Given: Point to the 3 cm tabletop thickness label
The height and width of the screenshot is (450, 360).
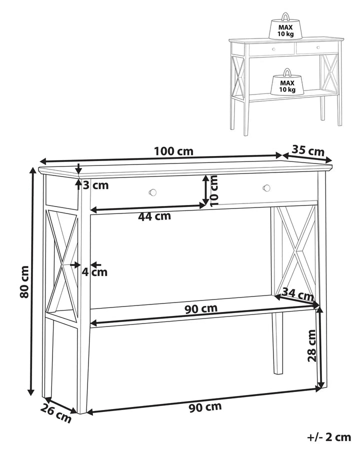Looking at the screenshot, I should (x=96, y=185).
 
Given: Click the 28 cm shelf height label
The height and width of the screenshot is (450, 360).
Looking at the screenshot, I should (x=311, y=345).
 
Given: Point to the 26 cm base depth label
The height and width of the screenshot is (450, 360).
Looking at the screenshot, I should (x=56, y=413).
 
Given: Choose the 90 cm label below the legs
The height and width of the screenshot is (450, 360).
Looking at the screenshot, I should (x=205, y=406).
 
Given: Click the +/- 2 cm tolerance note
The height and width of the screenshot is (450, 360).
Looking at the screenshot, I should (x=328, y=437).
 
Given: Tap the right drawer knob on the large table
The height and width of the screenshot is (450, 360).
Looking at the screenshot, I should (x=266, y=188).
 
